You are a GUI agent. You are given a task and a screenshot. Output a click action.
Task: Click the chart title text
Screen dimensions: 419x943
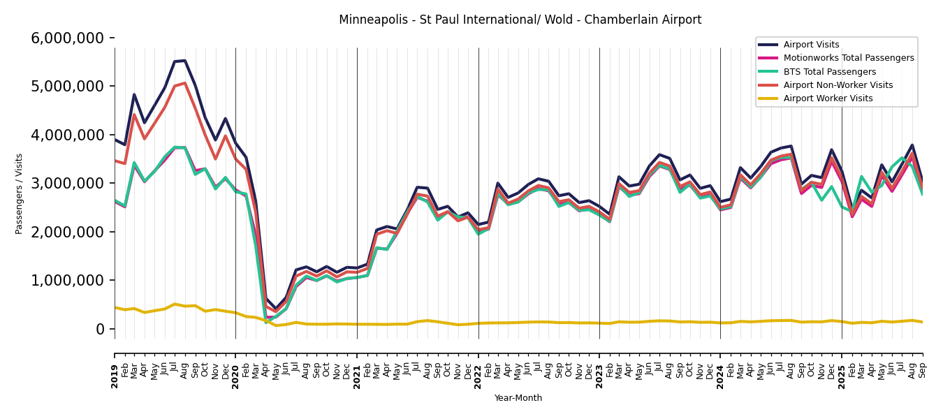[x=520, y=20]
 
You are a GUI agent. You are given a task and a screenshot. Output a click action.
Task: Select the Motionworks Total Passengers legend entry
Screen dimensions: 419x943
[x=848, y=58]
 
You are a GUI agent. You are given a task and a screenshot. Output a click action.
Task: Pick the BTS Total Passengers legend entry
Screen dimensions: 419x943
[x=829, y=72]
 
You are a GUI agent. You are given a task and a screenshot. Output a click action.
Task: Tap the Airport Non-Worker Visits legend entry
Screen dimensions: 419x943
[x=838, y=85]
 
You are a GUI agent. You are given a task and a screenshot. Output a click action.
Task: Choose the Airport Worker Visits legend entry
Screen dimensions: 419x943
[x=828, y=98]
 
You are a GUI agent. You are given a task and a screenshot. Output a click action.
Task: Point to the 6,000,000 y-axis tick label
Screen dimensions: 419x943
[x=68, y=38]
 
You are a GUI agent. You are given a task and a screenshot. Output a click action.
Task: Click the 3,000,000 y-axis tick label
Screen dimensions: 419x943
[x=68, y=184]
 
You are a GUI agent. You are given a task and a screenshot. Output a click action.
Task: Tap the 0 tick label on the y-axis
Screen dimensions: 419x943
[x=100, y=329]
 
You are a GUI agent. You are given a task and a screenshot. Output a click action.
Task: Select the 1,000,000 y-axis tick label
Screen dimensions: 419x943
[x=68, y=281]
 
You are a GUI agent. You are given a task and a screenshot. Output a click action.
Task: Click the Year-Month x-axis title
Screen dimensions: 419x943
[x=518, y=398]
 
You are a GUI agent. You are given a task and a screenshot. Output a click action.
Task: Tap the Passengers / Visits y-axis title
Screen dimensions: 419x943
[x=19, y=193]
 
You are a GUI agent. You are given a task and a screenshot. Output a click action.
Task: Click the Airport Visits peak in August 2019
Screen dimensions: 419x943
[x=185, y=61]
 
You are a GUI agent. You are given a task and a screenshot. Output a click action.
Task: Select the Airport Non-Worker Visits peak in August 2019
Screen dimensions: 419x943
[x=185, y=83]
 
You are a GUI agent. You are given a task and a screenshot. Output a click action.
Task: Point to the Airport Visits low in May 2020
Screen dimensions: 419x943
[x=276, y=309]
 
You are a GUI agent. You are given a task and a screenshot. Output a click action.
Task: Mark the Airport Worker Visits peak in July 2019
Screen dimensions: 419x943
[x=175, y=304]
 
